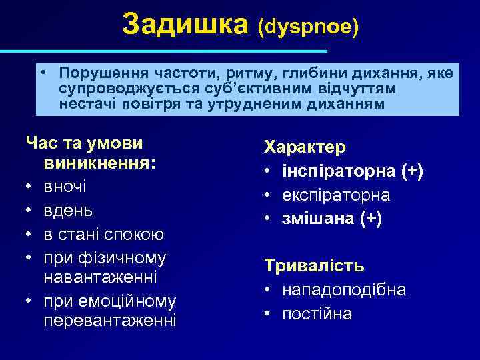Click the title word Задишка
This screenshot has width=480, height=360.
click(x=186, y=25)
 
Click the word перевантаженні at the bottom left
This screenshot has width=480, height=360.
click(x=110, y=321)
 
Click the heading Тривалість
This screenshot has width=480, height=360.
click(x=314, y=266)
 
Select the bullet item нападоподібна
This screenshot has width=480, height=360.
click(x=344, y=290)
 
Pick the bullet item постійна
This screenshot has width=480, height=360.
click(x=317, y=313)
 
